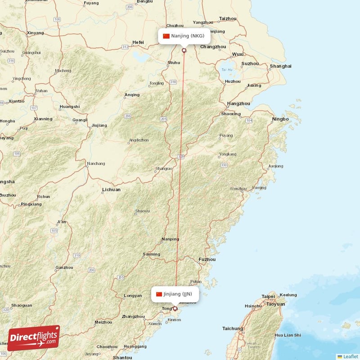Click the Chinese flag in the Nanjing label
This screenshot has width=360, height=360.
click(x=166, y=36)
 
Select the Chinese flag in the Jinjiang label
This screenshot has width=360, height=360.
click(x=159, y=294)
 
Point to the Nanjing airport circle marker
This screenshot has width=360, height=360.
click(x=184, y=50)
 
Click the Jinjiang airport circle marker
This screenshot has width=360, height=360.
click(x=175, y=309)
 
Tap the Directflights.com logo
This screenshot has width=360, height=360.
click(x=34, y=338)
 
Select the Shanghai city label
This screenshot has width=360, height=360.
click(x=280, y=66)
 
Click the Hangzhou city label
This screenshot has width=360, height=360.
click(x=238, y=103)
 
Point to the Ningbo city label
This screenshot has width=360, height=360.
click(x=280, y=119)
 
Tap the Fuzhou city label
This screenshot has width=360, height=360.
click(x=207, y=259)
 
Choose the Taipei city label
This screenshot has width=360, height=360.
click(x=268, y=297)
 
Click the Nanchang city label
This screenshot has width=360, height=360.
click(x=96, y=163)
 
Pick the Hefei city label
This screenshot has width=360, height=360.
click(x=138, y=43)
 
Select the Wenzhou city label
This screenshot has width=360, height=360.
click(x=238, y=189)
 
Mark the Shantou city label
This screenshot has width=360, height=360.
click(x=122, y=357)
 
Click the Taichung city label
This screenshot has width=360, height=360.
click(x=233, y=328)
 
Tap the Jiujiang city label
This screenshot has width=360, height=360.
click(x=99, y=125)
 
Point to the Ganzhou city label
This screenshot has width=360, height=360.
click(x=64, y=268)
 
